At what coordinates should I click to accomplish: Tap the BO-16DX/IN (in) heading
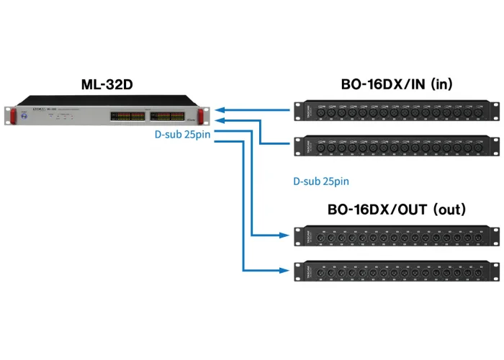(396, 84)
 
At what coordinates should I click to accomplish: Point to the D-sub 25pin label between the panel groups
(320, 182)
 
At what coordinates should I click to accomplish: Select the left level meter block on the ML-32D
(127, 116)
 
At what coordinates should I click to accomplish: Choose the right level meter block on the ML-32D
(173, 116)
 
